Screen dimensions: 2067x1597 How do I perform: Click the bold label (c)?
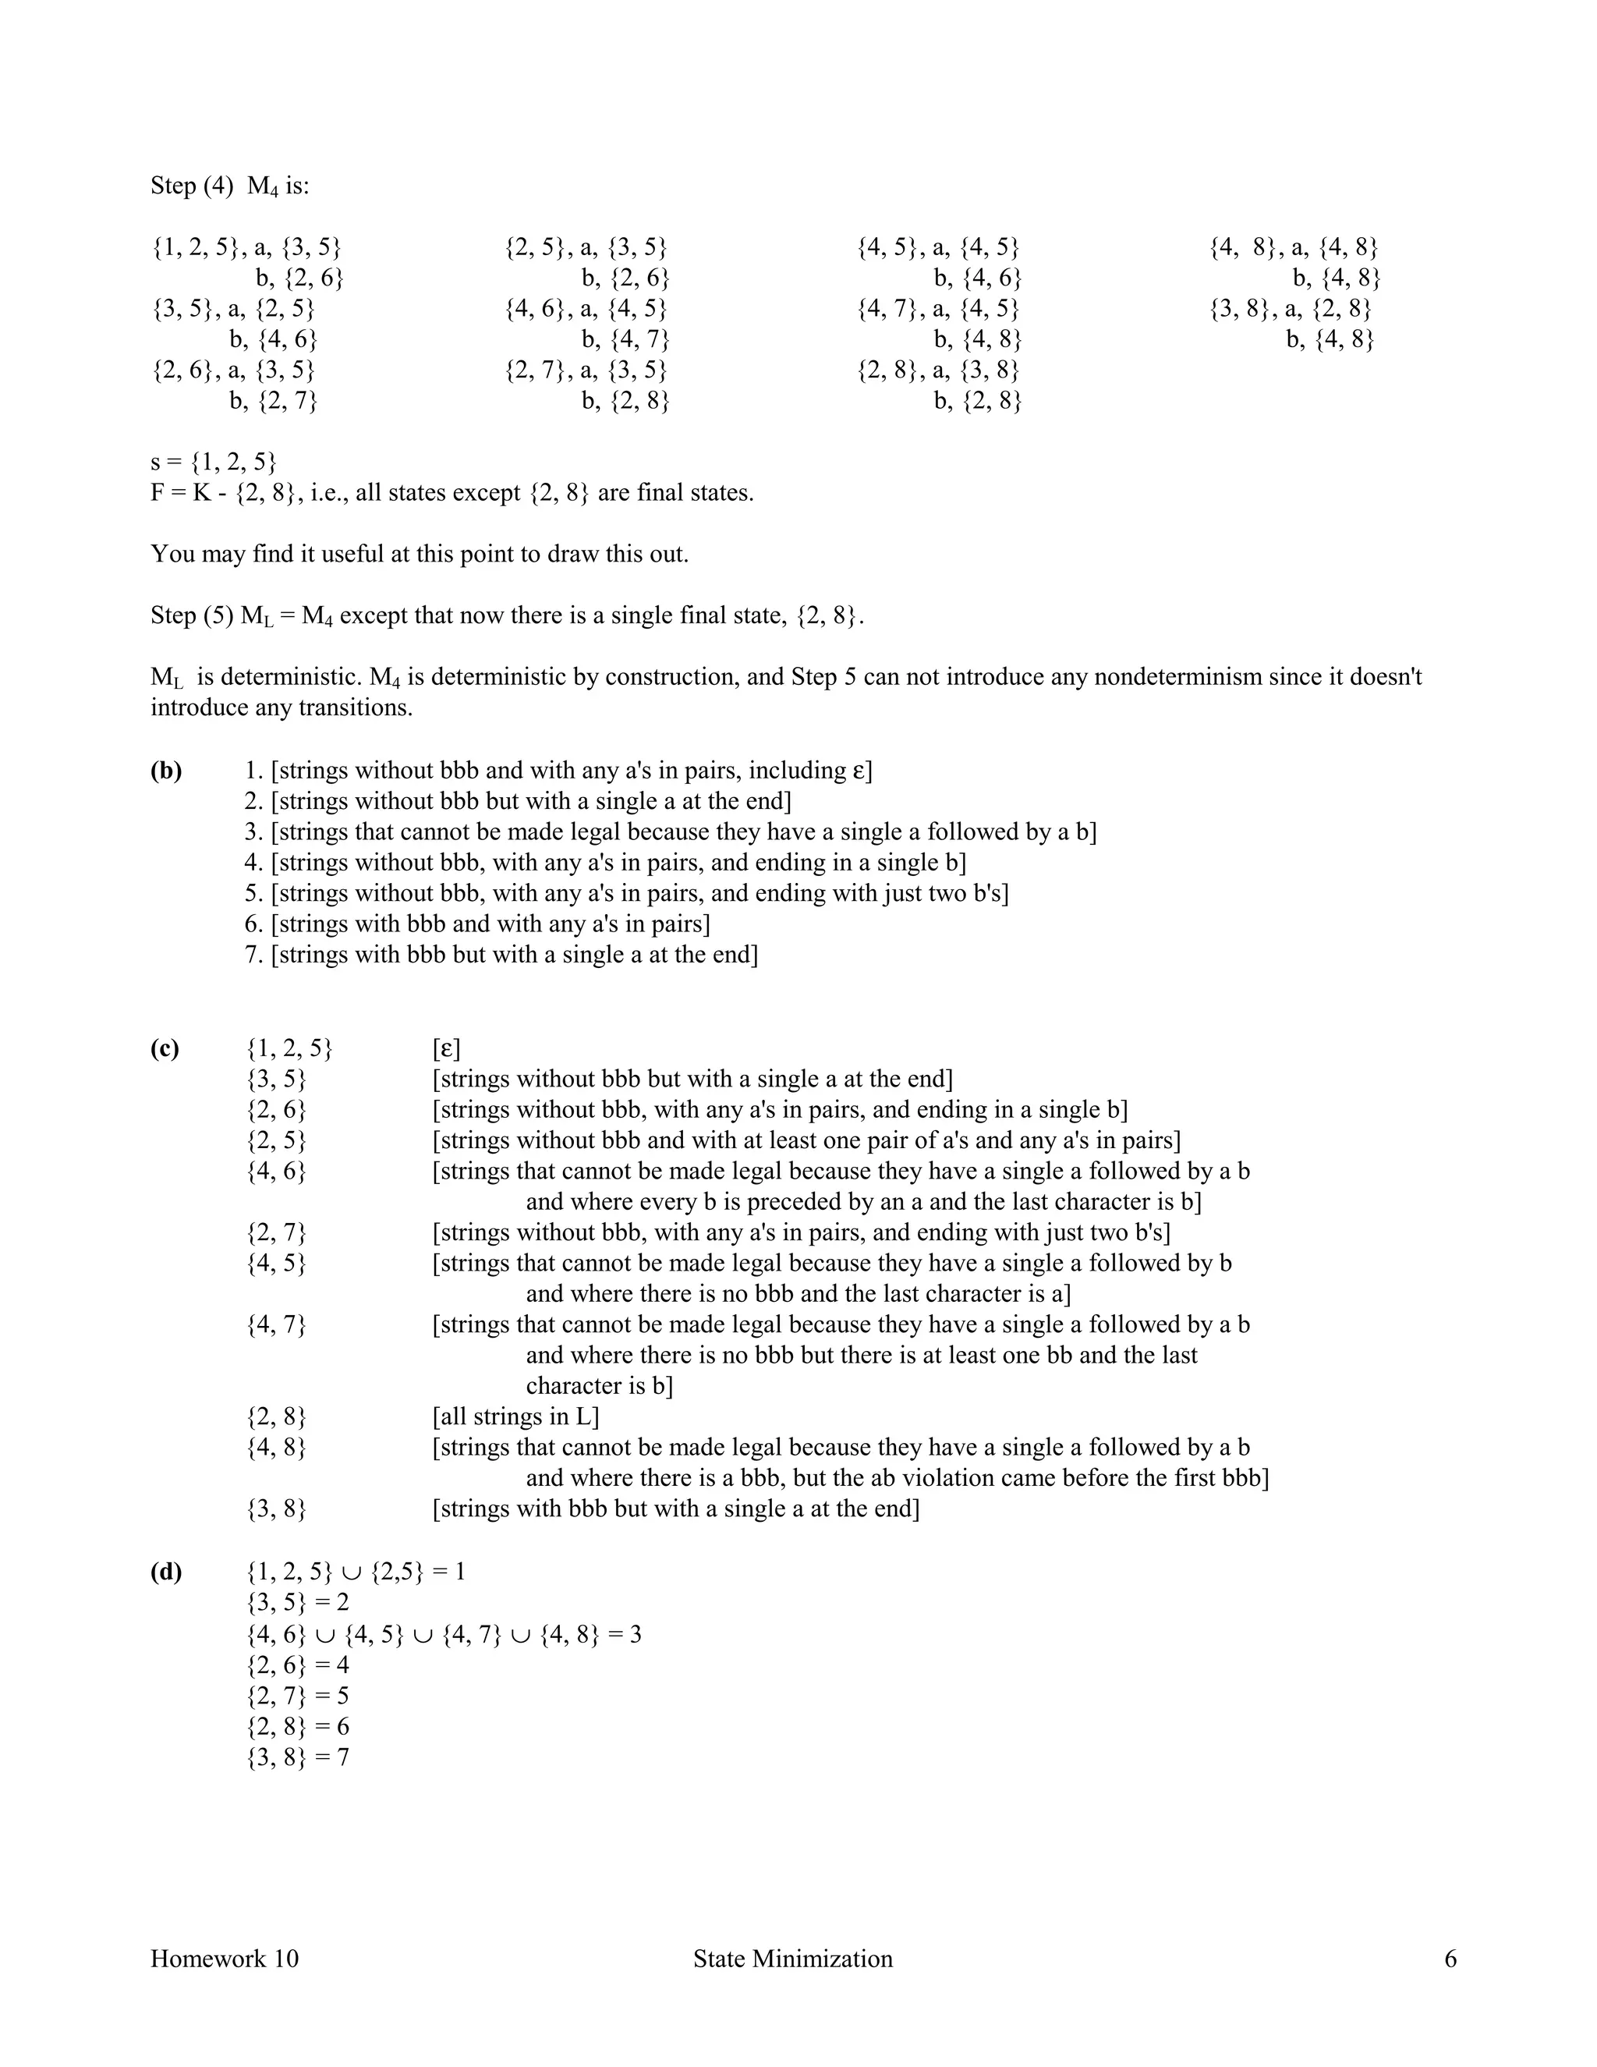(165, 1048)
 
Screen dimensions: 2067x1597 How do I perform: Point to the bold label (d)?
(165, 1572)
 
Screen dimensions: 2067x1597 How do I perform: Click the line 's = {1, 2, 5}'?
(214, 462)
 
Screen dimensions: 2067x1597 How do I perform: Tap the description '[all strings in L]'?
(515, 1416)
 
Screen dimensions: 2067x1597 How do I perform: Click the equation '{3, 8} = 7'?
(297, 1757)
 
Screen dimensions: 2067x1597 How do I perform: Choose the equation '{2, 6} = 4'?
(297, 1665)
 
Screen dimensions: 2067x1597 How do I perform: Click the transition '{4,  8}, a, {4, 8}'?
(1294, 248)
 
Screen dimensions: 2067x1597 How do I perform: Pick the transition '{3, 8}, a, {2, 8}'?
(1291, 310)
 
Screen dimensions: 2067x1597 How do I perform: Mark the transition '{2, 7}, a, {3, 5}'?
(586, 370)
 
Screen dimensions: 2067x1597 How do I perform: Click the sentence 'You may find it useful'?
(419, 555)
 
